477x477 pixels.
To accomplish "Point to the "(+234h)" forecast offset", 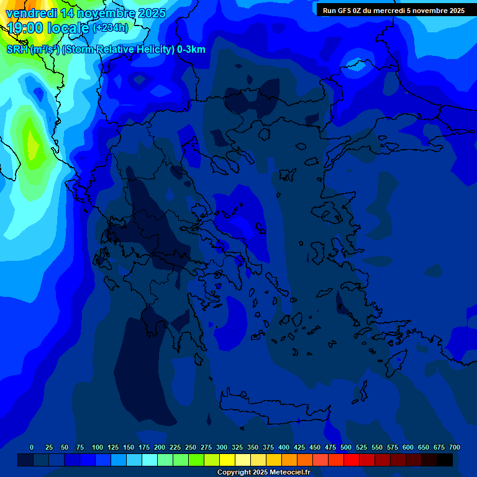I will tap(110, 28).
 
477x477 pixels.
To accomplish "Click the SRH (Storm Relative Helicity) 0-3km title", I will tap(106, 50).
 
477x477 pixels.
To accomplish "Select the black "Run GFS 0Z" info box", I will tap(394, 11).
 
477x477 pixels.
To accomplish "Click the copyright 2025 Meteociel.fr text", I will tap(263, 473).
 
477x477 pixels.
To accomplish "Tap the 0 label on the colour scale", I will tap(32, 447).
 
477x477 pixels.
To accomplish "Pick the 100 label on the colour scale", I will tap(98, 447).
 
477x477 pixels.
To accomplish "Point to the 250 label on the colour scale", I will tap(191, 447).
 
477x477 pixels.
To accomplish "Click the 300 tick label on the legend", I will tap(222, 447).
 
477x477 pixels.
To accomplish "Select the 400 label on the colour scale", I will tap(284, 447).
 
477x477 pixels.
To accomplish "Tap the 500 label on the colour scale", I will tap(346, 447).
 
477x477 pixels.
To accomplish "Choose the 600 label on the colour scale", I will tap(408, 447).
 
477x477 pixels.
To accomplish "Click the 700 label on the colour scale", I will tap(455, 447).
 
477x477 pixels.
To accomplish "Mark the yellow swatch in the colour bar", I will tap(227, 460).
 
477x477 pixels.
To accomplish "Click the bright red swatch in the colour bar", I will tap(352, 460).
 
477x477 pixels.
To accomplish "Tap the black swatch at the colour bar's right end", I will tap(445, 460).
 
